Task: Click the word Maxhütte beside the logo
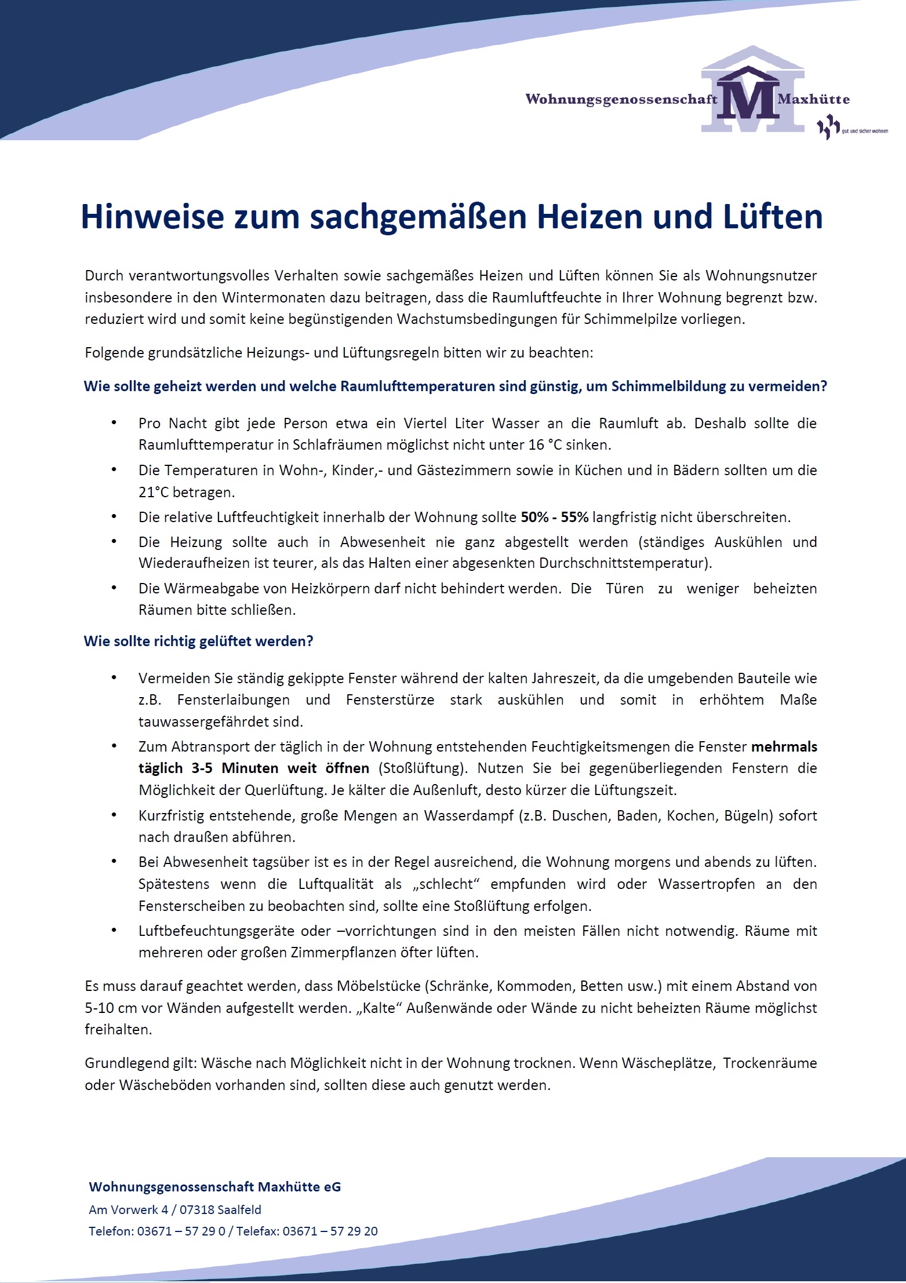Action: tap(814, 99)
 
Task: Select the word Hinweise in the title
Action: tap(152, 217)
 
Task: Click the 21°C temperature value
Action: tap(153, 493)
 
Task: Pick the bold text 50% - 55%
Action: tap(555, 517)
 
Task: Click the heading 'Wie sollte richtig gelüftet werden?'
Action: tap(198, 641)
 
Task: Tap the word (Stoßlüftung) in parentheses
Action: tap(423, 768)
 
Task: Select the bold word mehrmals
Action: tap(784, 746)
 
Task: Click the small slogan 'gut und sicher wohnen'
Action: tap(864, 132)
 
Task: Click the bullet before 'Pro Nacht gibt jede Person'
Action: tap(114, 423)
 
